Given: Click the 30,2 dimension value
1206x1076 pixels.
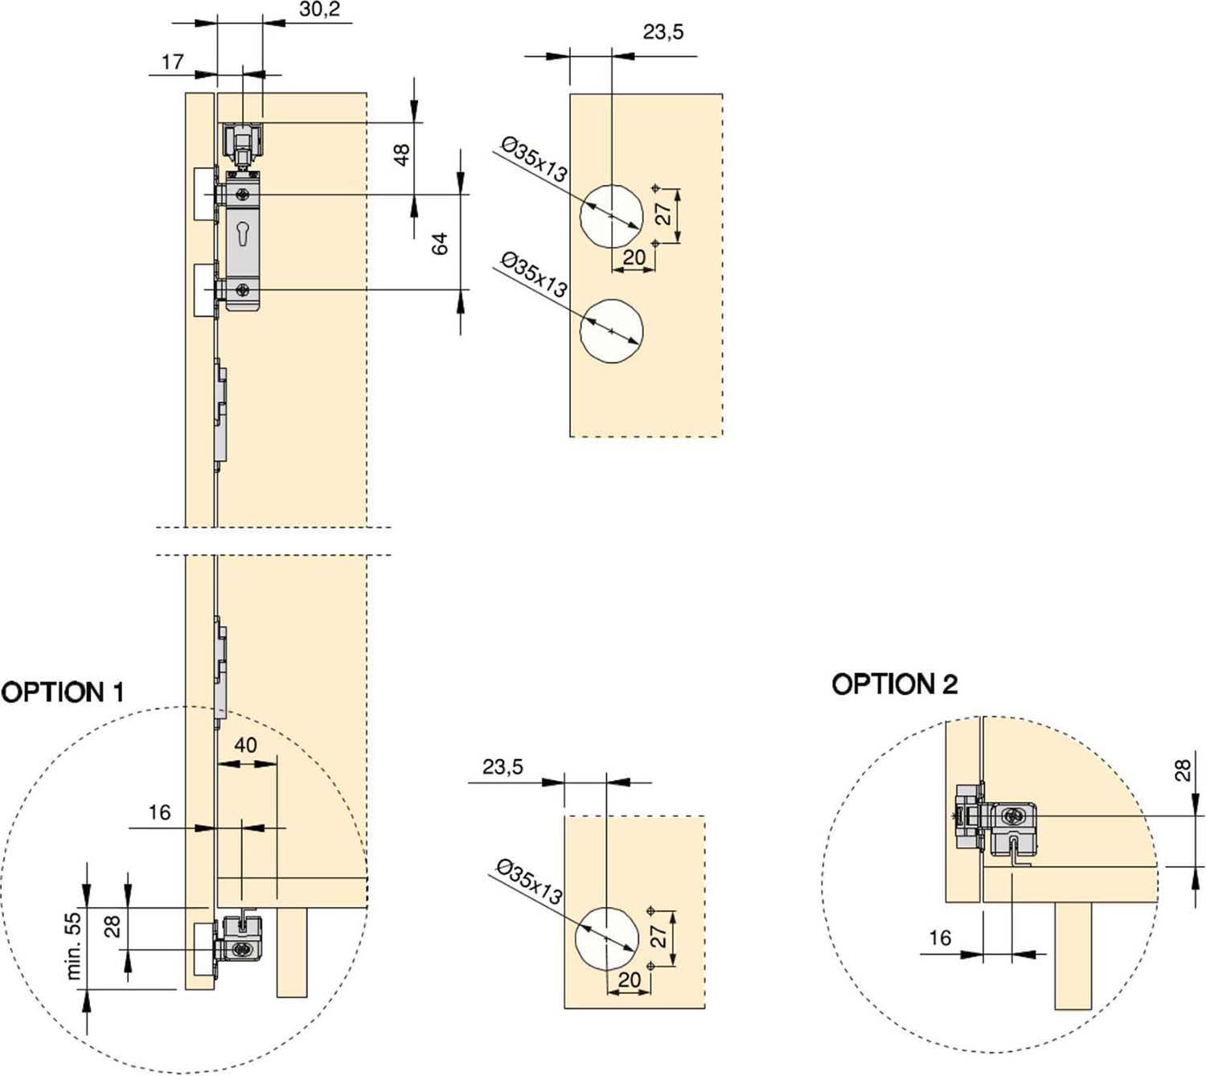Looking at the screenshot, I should coord(319,10).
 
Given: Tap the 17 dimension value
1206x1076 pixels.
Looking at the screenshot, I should coord(173,62).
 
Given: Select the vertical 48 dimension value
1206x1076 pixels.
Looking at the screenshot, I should coord(402,154).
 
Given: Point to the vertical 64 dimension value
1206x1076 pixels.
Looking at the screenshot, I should coord(440,244).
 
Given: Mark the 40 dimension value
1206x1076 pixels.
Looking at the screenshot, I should coord(245,745).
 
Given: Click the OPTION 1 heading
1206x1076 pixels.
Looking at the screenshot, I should coord(63,692).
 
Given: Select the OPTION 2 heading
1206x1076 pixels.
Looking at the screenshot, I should coord(894,685).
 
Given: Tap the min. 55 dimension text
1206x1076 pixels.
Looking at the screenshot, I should coord(74,946).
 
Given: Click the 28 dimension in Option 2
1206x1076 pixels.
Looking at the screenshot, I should coord(1183,770).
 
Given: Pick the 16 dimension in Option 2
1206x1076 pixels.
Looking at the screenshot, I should coord(940,938).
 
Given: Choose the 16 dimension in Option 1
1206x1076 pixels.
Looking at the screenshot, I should coord(159,813).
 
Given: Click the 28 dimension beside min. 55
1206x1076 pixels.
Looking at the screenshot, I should coord(113,926).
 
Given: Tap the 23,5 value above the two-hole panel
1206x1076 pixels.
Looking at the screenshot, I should coord(663,32).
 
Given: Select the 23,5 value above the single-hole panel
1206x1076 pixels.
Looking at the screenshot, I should coord(503,767).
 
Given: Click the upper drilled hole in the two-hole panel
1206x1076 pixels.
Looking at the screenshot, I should coord(612,216).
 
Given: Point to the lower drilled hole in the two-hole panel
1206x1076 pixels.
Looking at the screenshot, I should coord(612,331).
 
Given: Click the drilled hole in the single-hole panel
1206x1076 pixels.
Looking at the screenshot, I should coord(607,938).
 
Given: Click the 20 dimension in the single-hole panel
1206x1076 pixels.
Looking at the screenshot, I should coord(630,979).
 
